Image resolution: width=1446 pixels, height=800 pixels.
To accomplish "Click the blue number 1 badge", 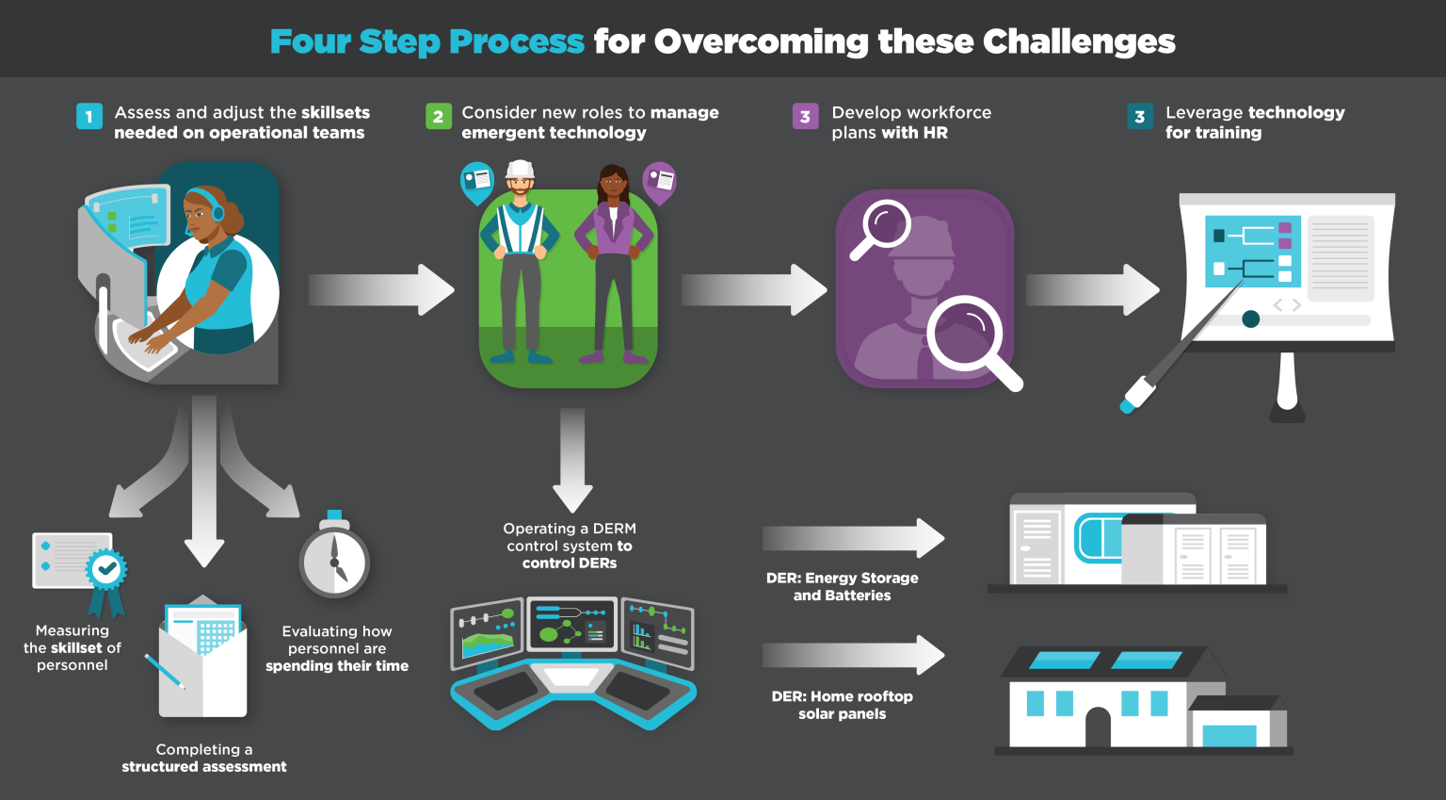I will pos(89,116).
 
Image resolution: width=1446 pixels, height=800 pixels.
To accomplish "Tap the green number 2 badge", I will pos(438,116).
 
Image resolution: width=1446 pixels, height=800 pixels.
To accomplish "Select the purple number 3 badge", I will pos(805,116).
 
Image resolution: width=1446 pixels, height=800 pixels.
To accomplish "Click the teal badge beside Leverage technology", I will pos(1139,116).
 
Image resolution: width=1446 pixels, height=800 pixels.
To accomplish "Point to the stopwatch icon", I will pos(334,562).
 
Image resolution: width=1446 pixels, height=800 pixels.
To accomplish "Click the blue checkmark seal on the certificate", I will pos(106,568).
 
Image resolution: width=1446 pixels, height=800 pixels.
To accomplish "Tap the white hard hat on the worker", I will pos(520,170).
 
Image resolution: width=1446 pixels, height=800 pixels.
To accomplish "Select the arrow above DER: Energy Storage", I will pos(853,538).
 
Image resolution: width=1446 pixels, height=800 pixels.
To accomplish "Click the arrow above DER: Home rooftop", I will pos(853,655).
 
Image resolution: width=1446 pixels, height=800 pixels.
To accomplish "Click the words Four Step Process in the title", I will pos(426,41).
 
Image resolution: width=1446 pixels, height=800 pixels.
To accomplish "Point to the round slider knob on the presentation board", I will pos(1250,318).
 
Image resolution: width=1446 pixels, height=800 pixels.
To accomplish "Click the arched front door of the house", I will pos(1098,727).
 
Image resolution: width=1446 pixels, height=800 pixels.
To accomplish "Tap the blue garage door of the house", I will pos(1229,735).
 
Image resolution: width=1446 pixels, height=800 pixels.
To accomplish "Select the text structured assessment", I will pos(204,767).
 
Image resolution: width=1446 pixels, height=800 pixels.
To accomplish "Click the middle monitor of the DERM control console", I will pos(572,625).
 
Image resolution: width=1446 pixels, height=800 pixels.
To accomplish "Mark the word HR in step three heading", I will pos(935,133).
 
